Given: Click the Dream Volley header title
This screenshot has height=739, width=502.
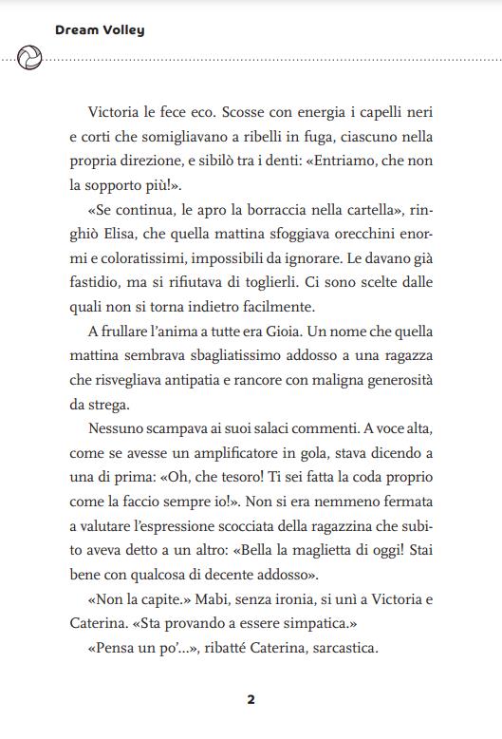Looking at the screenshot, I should tap(100, 30).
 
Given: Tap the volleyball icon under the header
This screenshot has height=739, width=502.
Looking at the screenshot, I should tap(29, 58).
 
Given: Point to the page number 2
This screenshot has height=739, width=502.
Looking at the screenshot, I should tap(251, 700).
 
